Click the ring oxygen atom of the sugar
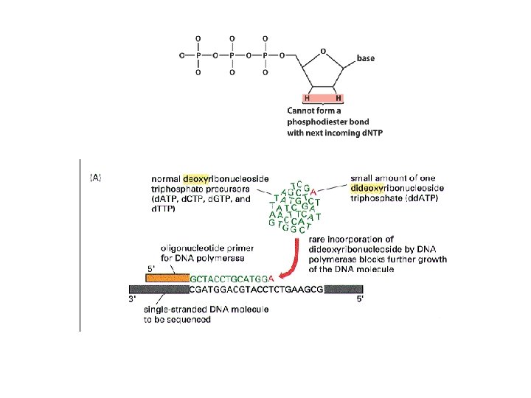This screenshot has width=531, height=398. (x=322, y=52)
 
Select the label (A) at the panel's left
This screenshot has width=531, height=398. (x=95, y=177)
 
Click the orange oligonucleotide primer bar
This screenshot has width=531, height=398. (x=167, y=279)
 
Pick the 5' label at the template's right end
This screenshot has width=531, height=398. (x=359, y=299)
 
